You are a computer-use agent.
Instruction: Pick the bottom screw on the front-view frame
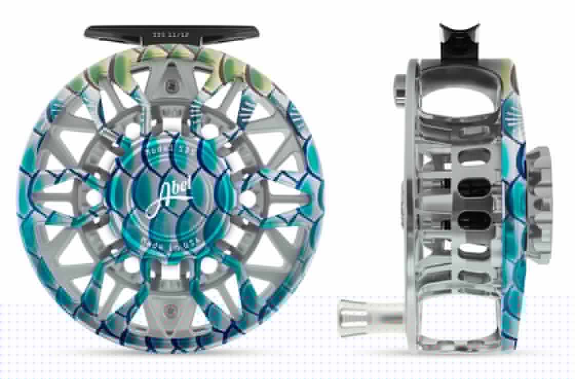(x=169, y=309)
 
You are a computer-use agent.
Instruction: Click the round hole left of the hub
(x=94, y=196)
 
